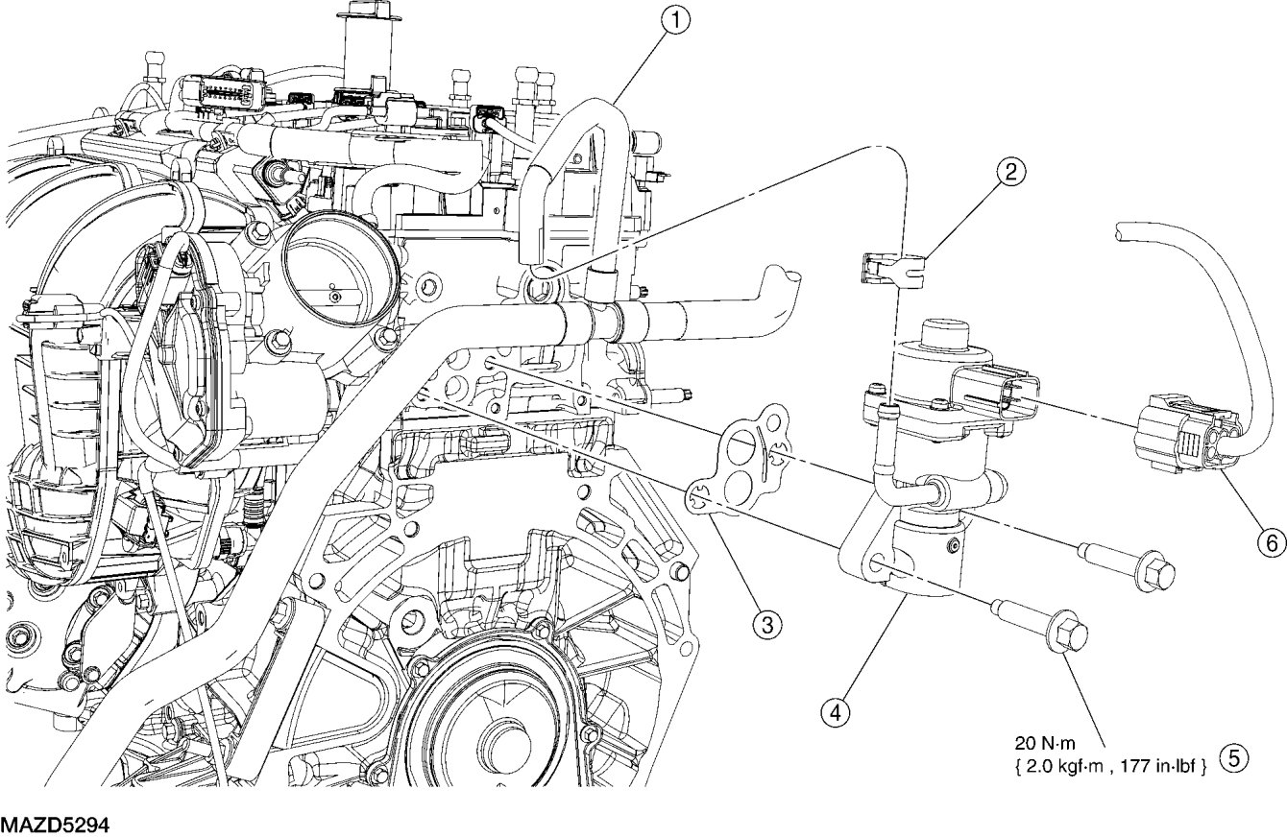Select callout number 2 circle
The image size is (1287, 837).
(x=1009, y=173)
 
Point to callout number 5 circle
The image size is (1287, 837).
(x=1232, y=757)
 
